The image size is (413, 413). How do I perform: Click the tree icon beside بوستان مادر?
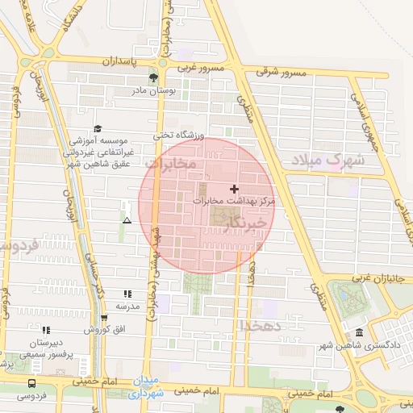point(153,78)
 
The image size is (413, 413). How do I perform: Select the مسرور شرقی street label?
point(282,72)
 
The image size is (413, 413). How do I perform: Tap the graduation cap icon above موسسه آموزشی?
point(98,128)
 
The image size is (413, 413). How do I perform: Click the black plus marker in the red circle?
point(235,188)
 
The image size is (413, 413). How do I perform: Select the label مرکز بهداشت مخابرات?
point(235,199)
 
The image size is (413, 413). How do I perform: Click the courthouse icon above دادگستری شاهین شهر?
point(359,333)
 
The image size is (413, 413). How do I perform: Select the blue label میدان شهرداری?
point(147,387)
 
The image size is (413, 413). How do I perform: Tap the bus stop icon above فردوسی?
point(31,383)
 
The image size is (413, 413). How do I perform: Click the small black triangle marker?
point(127,219)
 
